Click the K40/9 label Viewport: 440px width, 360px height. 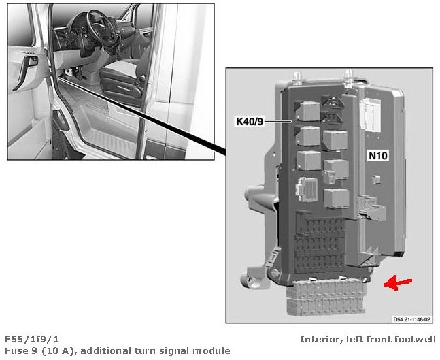(x=249, y=122)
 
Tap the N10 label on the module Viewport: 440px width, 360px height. (x=377, y=156)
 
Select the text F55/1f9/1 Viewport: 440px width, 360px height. (x=32, y=339)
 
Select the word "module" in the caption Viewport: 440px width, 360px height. (x=214, y=350)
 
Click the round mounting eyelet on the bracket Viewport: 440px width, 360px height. (x=249, y=278)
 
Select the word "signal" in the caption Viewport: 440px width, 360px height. (x=178, y=350)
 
